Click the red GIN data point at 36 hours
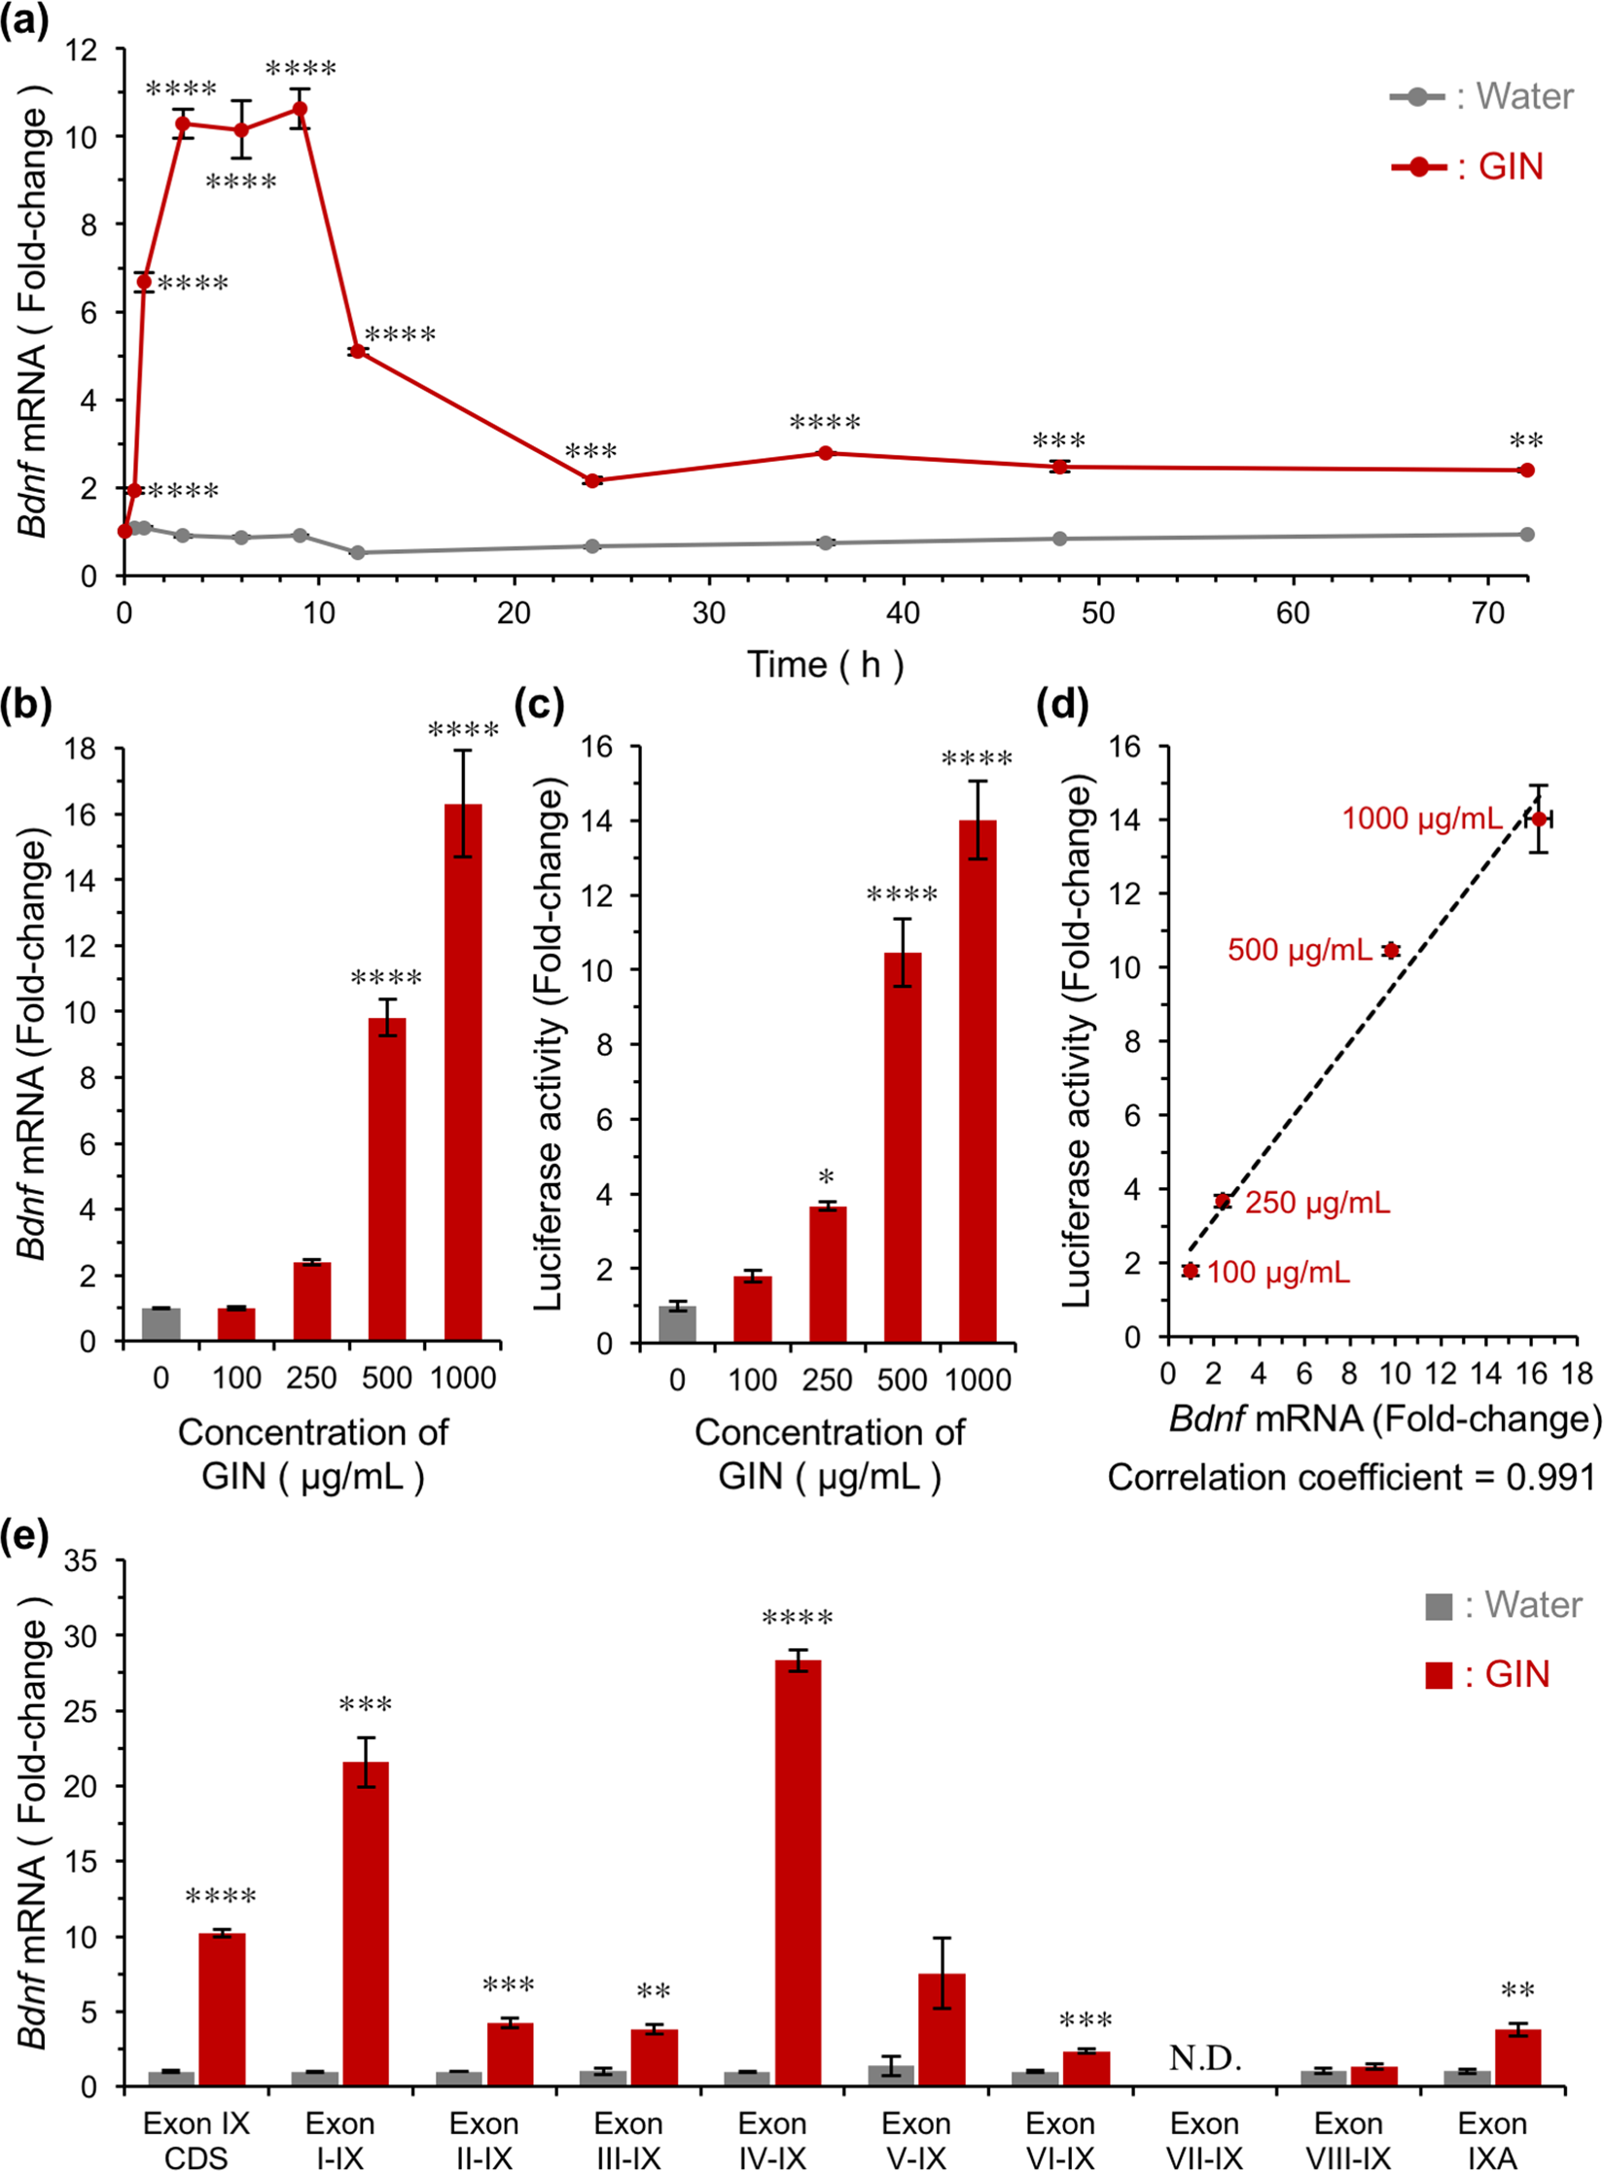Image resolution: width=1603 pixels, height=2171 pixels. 825,453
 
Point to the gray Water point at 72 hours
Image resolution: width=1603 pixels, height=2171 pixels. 1526,534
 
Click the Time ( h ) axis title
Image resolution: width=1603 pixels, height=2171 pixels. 825,665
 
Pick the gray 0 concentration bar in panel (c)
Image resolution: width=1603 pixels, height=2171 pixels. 677,1323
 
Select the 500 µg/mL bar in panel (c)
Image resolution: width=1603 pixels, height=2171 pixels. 902,1147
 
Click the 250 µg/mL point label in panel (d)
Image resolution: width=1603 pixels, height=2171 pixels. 1317,1203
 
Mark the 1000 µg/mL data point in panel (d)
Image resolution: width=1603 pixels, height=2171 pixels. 1538,819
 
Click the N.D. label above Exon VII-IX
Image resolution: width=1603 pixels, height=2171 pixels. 1204,2057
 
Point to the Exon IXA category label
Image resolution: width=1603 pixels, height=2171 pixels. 1491,2139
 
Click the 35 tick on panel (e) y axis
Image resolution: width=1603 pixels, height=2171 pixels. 81,1561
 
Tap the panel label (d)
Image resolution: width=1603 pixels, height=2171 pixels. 1062,703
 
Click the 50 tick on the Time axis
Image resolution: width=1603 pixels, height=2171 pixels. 1098,613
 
